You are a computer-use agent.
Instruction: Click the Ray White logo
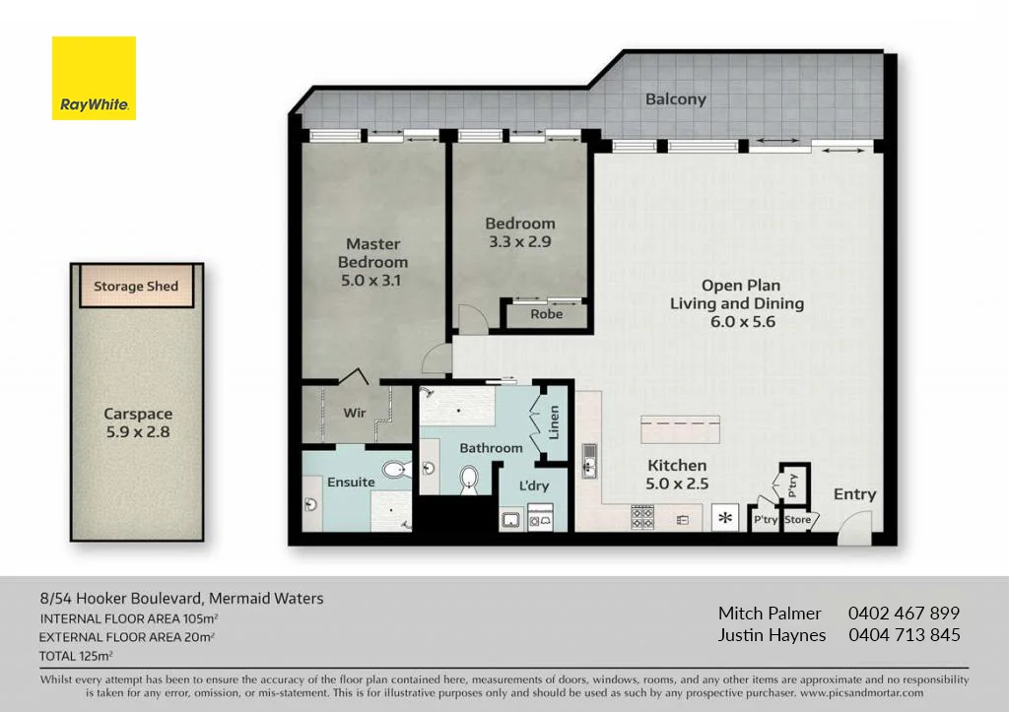(94, 78)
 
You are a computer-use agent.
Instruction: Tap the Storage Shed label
(136, 287)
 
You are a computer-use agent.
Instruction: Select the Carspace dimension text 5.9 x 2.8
(139, 431)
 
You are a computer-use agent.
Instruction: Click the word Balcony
(676, 98)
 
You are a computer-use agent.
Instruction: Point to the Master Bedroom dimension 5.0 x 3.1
(372, 280)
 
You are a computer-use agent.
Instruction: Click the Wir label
(355, 414)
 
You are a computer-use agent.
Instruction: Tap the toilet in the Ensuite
(395, 469)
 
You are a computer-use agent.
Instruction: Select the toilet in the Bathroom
(470, 480)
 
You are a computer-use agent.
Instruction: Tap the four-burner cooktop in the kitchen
(642, 515)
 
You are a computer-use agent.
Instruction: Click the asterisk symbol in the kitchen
(726, 517)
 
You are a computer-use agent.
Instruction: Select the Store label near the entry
(797, 519)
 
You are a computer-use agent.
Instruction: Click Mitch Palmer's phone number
(904, 613)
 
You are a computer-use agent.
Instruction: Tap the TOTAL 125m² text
(76, 655)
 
